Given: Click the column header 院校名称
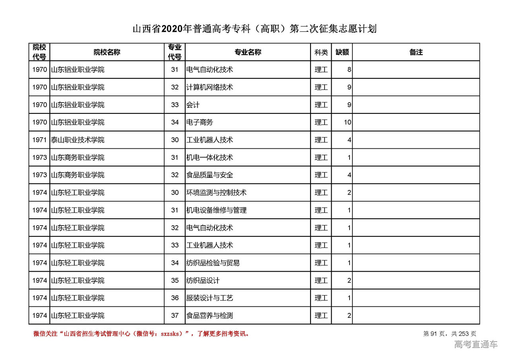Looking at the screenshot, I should point(107,52).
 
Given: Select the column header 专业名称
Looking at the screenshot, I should point(247,52).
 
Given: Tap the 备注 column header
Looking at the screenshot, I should point(416,52).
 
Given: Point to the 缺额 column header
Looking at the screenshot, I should point(342,52).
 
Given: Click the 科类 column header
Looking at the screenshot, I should point(321,52).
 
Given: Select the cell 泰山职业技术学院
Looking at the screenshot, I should point(78,140).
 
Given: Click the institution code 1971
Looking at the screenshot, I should point(40,140).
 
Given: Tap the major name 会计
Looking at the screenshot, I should point(193,105).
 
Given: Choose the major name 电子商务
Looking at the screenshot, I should point(200,123).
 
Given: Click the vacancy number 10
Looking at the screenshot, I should point(348,123).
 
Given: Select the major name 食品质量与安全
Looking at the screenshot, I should point(210,175).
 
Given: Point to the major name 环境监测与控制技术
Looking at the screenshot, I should point(216,193).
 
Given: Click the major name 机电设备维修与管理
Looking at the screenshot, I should point(216,210).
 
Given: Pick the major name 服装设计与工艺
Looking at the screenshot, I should point(210,298).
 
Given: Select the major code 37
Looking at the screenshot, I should point(175,315).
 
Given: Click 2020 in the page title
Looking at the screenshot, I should point(172,29).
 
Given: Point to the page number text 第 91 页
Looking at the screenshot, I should point(435,334).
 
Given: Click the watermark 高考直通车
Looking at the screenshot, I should point(476,344).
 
